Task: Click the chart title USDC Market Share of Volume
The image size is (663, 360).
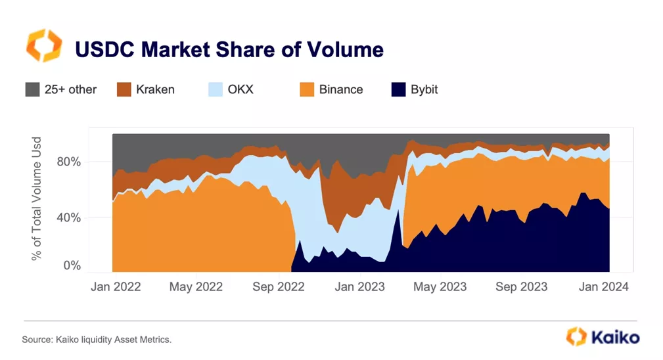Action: click(x=229, y=49)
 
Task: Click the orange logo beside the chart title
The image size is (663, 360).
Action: click(x=44, y=45)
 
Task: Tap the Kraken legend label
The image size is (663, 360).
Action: click(x=155, y=89)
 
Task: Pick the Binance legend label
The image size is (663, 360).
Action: click(x=340, y=89)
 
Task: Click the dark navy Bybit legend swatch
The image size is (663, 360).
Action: click(x=398, y=89)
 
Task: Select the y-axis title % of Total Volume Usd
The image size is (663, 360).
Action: click(x=37, y=198)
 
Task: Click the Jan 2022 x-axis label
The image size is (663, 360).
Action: click(x=115, y=287)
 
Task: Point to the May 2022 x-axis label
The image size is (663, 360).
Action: click(x=196, y=287)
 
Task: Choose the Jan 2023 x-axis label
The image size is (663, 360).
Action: click(x=359, y=287)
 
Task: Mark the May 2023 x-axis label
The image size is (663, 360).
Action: click(x=440, y=287)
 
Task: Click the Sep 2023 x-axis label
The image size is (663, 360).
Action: click(x=521, y=287)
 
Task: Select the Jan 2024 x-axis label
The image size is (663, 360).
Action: click(x=602, y=287)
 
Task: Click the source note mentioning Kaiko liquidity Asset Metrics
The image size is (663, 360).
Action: click(x=97, y=340)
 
